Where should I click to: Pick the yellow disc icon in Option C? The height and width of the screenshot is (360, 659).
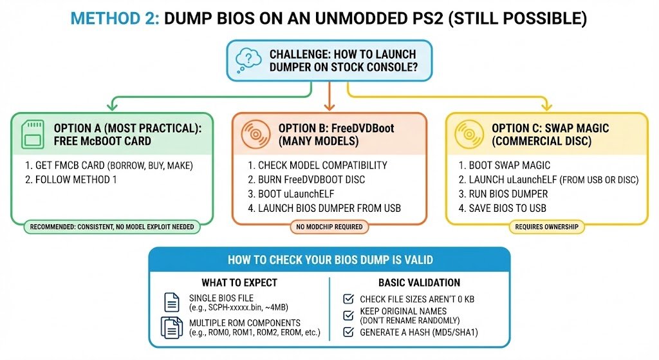[468, 135]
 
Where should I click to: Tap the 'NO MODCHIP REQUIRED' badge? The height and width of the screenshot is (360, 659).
[329, 227]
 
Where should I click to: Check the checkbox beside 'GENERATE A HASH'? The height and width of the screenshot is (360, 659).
[348, 332]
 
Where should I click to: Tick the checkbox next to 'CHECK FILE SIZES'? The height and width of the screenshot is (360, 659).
[348, 299]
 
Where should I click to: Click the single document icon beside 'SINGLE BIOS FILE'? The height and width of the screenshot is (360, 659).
[172, 302]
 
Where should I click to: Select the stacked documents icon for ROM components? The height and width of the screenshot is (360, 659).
[172, 327]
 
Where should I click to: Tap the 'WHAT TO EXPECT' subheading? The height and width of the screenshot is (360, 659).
[239, 282]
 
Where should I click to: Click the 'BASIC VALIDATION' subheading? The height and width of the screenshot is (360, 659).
[419, 282]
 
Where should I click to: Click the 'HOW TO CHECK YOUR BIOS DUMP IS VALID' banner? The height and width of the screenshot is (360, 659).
[329, 260]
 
